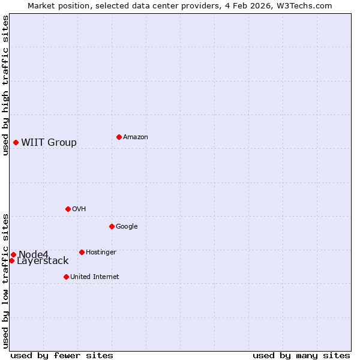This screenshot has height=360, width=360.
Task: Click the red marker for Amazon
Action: point(119,137)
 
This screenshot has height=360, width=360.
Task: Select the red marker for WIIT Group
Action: point(16,142)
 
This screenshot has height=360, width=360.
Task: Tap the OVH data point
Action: point(68,209)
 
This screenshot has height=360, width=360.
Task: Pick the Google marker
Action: point(112,226)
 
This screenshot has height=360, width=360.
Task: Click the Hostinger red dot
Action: point(82,252)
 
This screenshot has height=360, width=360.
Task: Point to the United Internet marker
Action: point(66,277)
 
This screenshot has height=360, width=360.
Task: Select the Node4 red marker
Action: point(13,254)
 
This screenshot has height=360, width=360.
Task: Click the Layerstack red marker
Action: point(11,260)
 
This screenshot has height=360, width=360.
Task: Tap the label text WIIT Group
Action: point(49,142)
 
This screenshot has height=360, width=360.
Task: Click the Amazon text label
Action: point(135,137)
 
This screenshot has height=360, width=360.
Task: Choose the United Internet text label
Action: point(94,277)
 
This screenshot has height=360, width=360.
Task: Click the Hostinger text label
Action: point(101,252)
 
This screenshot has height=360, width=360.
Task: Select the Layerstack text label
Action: point(43,261)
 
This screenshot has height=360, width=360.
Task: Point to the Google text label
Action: point(127,226)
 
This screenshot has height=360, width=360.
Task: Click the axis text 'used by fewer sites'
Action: point(62,355)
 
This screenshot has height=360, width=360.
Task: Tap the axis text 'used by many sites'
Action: point(301,355)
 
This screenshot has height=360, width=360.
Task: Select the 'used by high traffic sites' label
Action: point(5,85)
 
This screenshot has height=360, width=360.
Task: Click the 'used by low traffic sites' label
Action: point(5,280)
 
